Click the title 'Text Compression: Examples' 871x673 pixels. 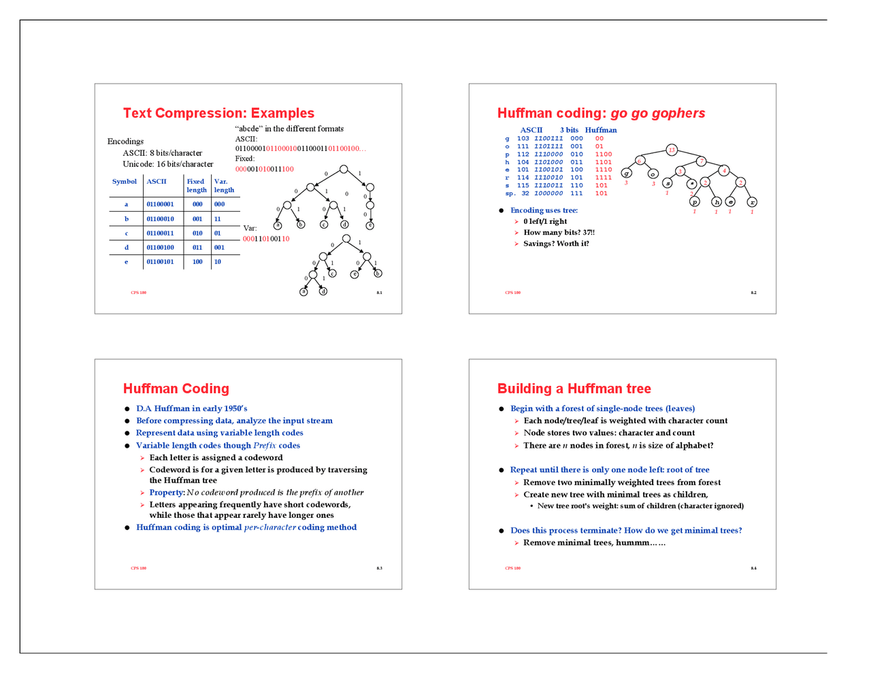pos(218,113)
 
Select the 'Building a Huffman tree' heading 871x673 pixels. pos(574,389)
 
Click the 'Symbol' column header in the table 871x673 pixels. pos(124,182)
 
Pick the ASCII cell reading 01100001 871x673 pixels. pos(160,204)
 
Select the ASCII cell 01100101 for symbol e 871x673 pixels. pos(160,262)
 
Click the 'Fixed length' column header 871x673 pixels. pos(196,186)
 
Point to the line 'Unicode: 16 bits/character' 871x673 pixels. pos(167,164)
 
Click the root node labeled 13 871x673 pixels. pos(672,150)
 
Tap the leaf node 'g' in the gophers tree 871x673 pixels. pos(627,173)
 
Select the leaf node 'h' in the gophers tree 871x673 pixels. pos(716,201)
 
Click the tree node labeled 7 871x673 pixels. pos(701,161)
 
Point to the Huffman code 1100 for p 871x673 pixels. pos(603,154)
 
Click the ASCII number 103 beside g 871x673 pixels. pos(523,139)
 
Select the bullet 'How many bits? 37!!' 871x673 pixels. pos(559,232)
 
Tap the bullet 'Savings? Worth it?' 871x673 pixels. pos(556,244)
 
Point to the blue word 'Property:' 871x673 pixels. pos(167,492)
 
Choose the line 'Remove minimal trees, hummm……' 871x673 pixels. pos(594,542)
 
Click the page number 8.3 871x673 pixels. pos(379,568)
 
